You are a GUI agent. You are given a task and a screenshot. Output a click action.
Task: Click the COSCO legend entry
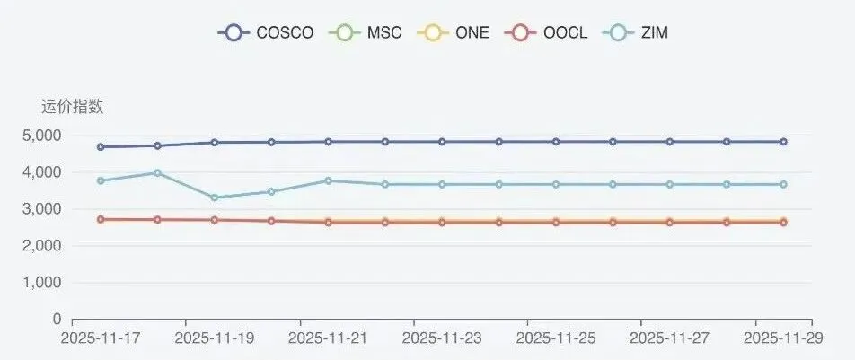266,32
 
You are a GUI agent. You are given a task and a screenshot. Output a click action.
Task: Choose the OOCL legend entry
547,32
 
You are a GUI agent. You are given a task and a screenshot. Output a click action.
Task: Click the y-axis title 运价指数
73,107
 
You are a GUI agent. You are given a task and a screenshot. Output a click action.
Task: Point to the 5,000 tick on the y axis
41,136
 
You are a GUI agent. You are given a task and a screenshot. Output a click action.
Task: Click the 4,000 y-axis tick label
41,172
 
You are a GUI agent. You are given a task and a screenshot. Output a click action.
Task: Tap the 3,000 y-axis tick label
41,209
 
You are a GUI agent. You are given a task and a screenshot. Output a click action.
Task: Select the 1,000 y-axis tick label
41,283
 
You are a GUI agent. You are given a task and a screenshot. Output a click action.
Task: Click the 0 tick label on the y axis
56,319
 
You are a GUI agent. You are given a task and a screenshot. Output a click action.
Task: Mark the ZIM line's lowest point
215,198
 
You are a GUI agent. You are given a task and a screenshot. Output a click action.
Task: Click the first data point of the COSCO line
101,146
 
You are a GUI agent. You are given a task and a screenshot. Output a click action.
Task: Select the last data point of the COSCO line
783,142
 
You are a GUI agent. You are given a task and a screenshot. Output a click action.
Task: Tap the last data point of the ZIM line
783,184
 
